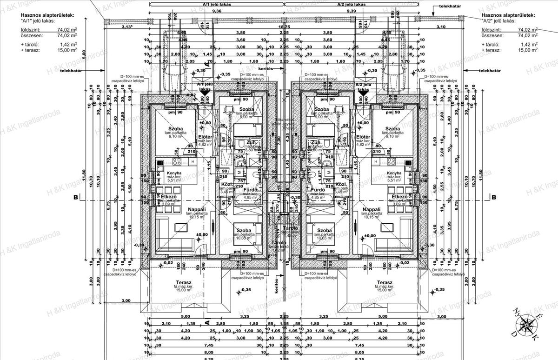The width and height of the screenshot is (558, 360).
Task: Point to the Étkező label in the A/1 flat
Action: pyautogui.click(x=168, y=197)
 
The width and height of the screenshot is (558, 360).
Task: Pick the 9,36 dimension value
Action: pyautogui.click(x=216, y=11)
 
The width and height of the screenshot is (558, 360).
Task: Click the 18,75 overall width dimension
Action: pyautogui.click(x=284, y=27)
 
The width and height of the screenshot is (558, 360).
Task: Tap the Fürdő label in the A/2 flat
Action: pyautogui.click(x=317, y=190)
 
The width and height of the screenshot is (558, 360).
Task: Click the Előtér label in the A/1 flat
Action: pyautogui.click(x=205, y=136)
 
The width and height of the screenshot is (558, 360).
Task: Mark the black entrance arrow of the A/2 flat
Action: pyautogui.click(x=361, y=93)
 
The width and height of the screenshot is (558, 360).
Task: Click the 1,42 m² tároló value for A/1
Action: pyautogui.click(x=69, y=44)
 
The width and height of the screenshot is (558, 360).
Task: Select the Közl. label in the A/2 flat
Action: pyautogui.click(x=341, y=184)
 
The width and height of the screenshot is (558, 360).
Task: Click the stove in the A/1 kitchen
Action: pyautogui.click(x=177, y=161)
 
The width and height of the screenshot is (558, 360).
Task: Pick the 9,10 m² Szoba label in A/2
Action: pyautogui.click(x=392, y=129)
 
